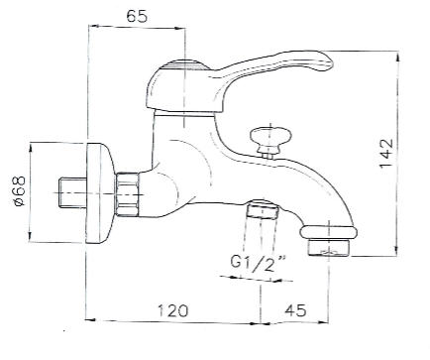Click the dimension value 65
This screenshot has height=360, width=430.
(137, 16)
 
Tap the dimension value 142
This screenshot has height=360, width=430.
(386, 154)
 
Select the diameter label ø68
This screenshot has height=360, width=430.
(19, 191)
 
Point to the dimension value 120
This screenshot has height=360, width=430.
(172, 310)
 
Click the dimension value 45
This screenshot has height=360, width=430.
(296, 309)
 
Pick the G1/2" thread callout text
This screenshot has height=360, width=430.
(258, 263)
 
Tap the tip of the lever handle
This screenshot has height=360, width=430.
(331, 62)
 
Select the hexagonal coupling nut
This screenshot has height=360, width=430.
(128, 194)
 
